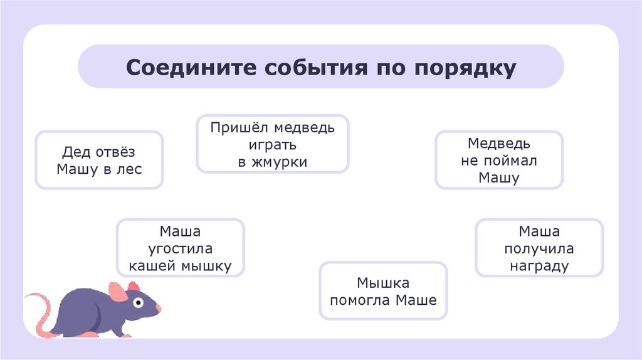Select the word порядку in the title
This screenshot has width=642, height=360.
[x=465, y=68]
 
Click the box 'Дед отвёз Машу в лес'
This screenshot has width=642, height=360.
[x=99, y=160]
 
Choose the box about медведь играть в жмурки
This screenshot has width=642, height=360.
[x=272, y=144]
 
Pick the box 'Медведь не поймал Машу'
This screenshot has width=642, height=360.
[x=499, y=160]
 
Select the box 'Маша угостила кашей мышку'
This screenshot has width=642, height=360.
[x=180, y=248]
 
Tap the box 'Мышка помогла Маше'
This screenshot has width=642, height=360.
[x=383, y=291]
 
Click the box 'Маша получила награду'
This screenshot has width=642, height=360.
[x=539, y=248]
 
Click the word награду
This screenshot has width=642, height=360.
[x=539, y=265]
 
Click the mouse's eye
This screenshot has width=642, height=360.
[x=137, y=304]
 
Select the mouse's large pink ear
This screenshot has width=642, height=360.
[x=117, y=292]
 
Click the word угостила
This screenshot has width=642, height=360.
[x=180, y=248]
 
